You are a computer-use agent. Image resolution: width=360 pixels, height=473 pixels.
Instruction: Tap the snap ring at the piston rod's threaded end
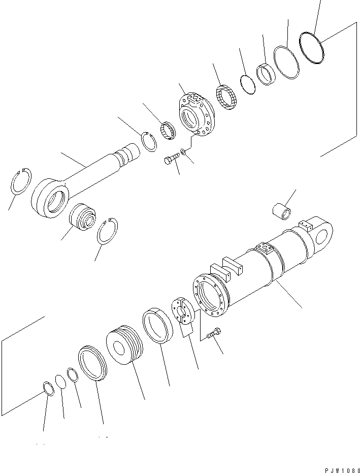pos(149,141)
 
